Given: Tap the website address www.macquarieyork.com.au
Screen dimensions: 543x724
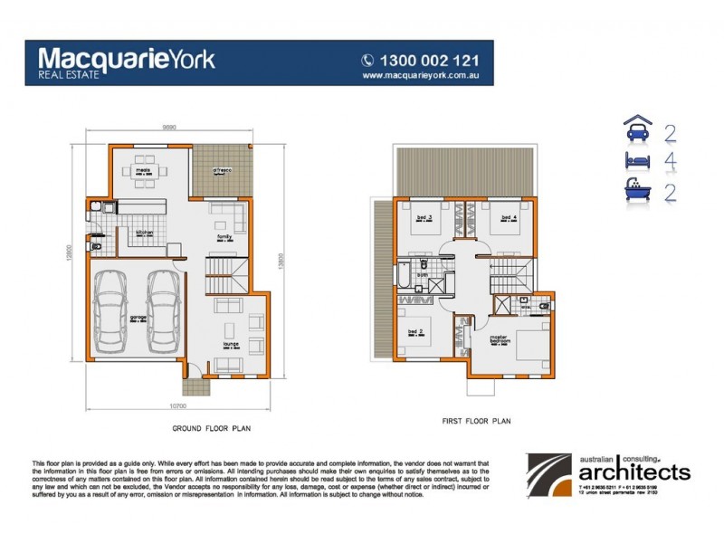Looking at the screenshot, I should pyautogui.click(x=419, y=76).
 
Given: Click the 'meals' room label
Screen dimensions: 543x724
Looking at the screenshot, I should pyautogui.click(x=142, y=168).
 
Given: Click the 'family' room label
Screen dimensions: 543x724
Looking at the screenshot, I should pyautogui.click(x=225, y=236).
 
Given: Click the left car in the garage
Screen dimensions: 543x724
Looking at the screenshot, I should pyautogui.click(x=111, y=310).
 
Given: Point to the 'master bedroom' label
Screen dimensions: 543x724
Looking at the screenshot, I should pyautogui.click(x=499, y=340).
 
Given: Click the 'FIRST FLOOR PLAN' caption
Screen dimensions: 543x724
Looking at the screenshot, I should pyautogui.click(x=477, y=421).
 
